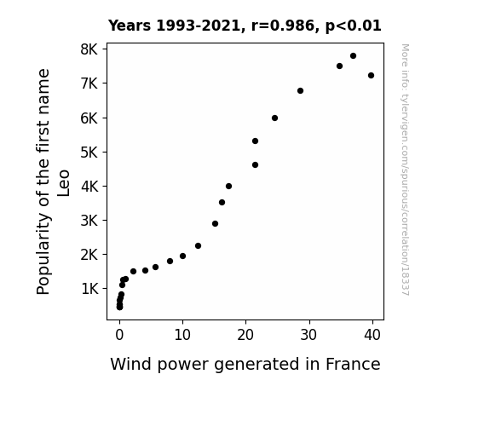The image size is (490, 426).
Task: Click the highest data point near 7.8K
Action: [353, 56]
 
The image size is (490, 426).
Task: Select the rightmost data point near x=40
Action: [371, 75]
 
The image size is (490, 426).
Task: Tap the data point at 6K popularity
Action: [274, 118]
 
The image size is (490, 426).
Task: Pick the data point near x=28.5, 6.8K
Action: [300, 91]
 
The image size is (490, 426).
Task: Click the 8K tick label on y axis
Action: [89, 49]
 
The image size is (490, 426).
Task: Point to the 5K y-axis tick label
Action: [89, 153]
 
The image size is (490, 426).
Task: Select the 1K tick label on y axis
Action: [89, 289]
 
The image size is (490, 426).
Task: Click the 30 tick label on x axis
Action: [309, 335]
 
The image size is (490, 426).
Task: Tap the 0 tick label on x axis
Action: [119, 335]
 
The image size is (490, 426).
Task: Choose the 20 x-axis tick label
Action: [245, 335]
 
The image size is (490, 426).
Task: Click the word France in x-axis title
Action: [353, 364]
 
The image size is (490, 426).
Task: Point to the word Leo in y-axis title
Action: [63, 183]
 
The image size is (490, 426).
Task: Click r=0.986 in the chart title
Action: [282, 26]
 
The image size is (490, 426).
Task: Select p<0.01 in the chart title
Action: [353, 26]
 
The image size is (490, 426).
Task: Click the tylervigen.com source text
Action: [405, 170]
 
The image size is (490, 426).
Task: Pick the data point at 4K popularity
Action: [228, 187]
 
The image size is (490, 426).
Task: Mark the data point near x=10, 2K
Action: [183, 256]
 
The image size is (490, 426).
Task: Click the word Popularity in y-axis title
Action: [43, 254]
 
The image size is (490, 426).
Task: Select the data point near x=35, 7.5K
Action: [339, 66]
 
